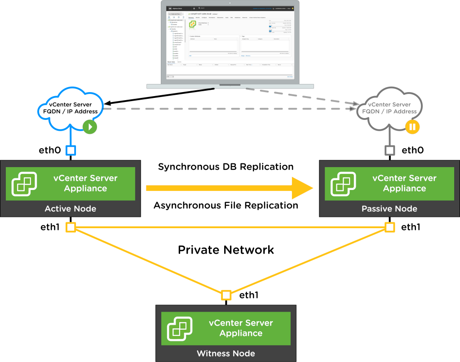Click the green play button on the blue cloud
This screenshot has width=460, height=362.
pos(90,127)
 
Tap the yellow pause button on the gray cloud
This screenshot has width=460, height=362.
pos(412,127)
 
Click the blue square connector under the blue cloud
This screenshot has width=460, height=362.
pos(71,150)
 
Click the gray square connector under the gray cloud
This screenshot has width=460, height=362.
pos(390,150)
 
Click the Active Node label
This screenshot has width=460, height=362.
pos(70,208)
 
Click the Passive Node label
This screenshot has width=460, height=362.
pos(389,208)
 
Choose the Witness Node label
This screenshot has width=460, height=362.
pos(226,353)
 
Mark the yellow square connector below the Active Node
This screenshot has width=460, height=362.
pos(71,227)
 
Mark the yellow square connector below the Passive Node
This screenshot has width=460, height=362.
pos(390,227)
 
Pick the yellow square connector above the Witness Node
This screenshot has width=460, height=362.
pos(226,295)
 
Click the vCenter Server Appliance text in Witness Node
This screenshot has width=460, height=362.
pos(241,328)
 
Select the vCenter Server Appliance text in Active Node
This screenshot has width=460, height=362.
pos(85,183)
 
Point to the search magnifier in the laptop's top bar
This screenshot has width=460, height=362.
pos(199,8)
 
